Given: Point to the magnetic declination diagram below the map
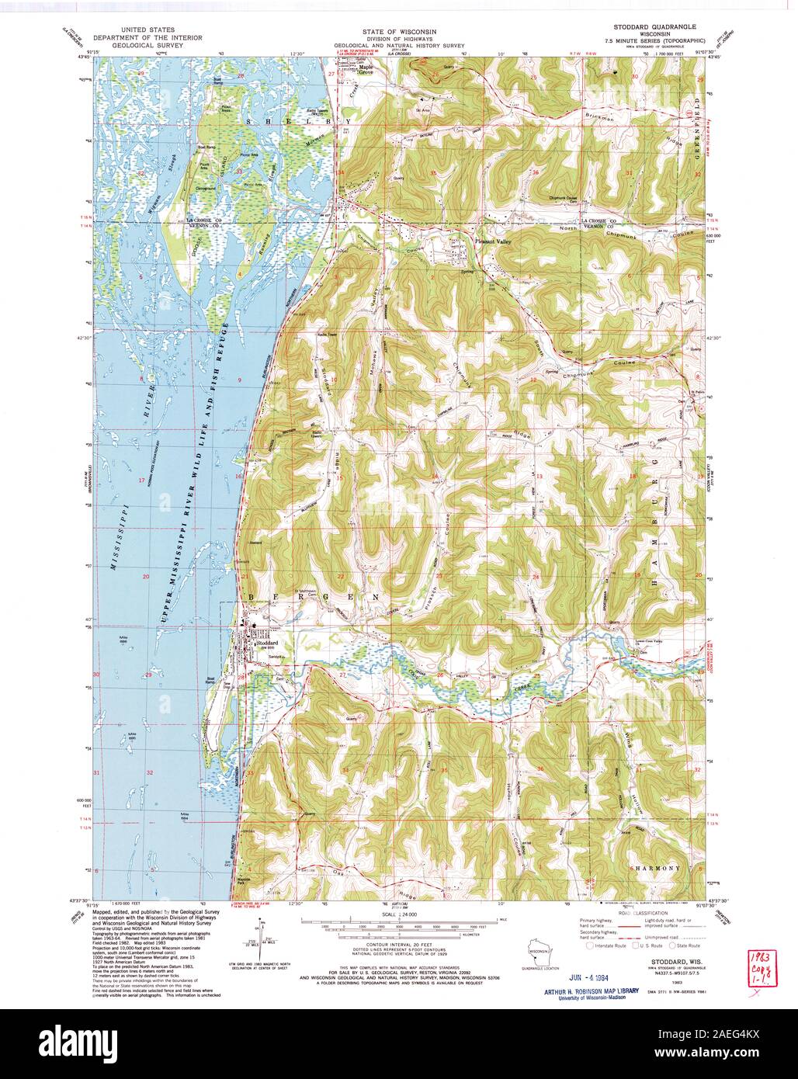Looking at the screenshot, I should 259,940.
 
